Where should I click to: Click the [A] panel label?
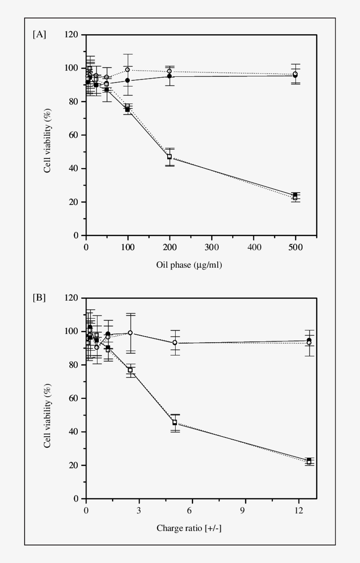click(39, 35)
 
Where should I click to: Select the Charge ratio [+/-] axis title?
click(189, 528)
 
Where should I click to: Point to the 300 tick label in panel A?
click(212, 247)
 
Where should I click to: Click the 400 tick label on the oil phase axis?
click(254, 247)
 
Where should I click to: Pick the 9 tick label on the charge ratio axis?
click(245, 510)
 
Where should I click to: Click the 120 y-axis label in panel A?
click(72, 35)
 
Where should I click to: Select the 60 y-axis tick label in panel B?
click(74, 398)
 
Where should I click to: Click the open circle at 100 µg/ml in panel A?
click(128, 70)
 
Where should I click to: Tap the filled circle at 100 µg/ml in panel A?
click(128, 81)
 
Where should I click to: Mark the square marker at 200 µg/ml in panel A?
click(169, 157)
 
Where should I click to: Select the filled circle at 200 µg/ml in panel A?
click(169, 76)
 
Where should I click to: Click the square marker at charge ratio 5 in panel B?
click(175, 423)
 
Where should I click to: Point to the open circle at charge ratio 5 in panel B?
click(175, 342)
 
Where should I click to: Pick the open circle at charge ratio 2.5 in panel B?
click(130, 333)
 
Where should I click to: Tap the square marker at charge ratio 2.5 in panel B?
click(130, 370)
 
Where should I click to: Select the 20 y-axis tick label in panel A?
click(74, 202)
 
